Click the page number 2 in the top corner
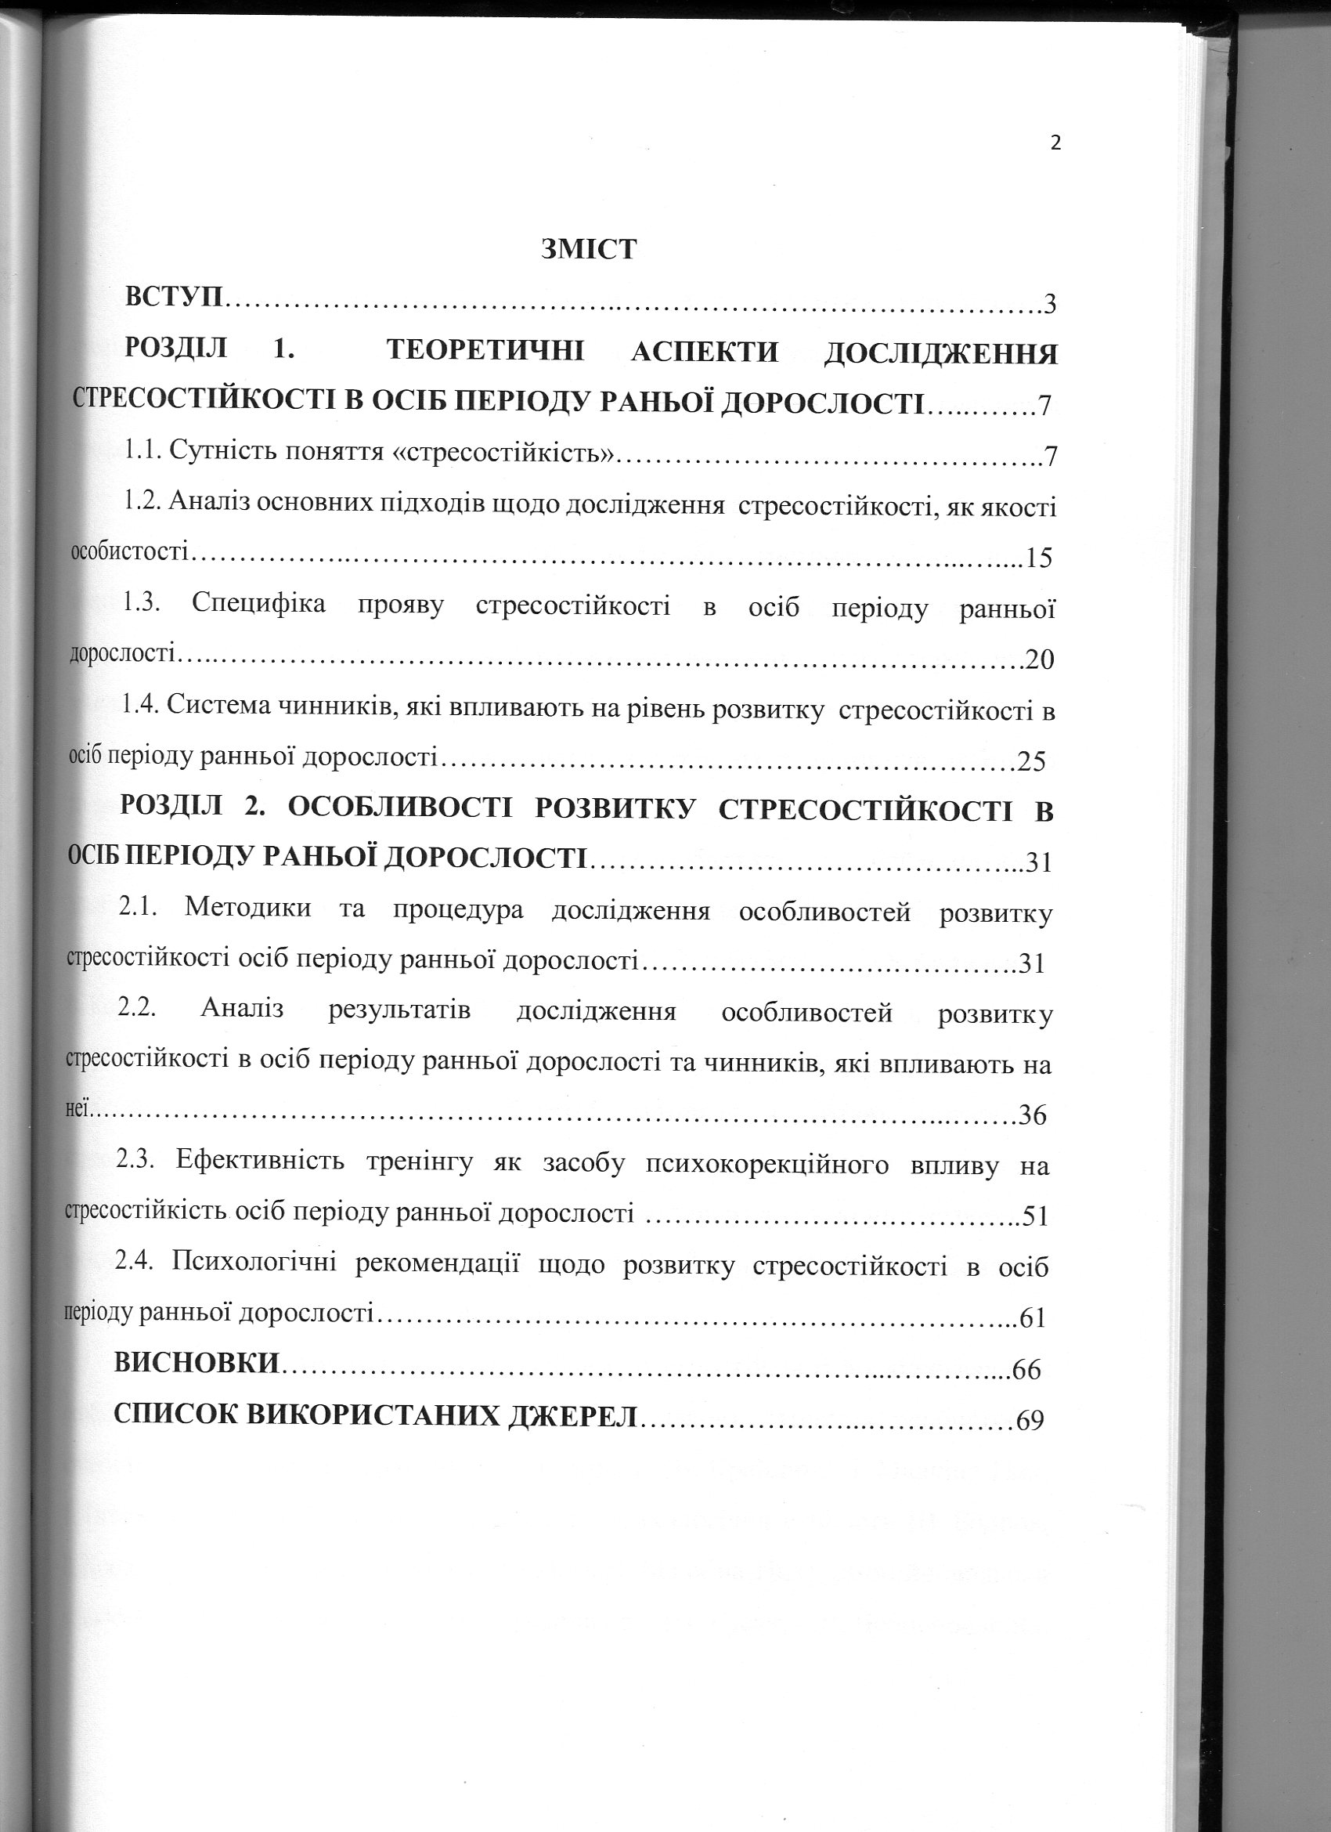[x=1055, y=144]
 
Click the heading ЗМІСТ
[x=589, y=249]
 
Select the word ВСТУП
[x=175, y=296]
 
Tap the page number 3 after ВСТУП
[x=1050, y=305]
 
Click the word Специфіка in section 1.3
[x=258, y=604]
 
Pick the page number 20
[x=1040, y=660]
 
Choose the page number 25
[x=1030, y=761]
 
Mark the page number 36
[x=1032, y=1115]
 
